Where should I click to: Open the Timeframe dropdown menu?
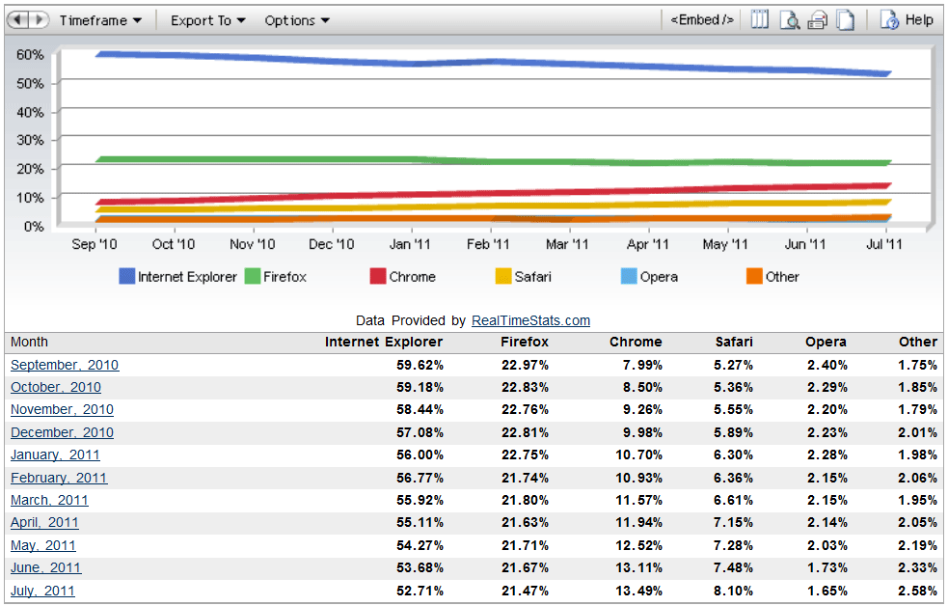coord(100,20)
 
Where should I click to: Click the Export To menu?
coord(207,20)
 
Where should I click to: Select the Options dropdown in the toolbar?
coord(296,20)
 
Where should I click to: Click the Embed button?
coord(701,20)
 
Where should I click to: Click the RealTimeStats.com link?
coord(530,320)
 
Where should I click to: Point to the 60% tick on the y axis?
coord(30,55)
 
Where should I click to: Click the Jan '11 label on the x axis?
coord(411,245)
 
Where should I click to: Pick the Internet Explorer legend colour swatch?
coord(126,277)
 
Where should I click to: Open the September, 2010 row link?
coord(65,365)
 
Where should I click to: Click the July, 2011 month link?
coord(42,591)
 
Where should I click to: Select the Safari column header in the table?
coord(734,342)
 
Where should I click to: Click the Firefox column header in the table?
coord(525,342)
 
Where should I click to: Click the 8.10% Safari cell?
coord(734,591)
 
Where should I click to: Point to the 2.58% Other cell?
coord(917,591)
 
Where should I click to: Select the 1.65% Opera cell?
coord(826,591)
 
